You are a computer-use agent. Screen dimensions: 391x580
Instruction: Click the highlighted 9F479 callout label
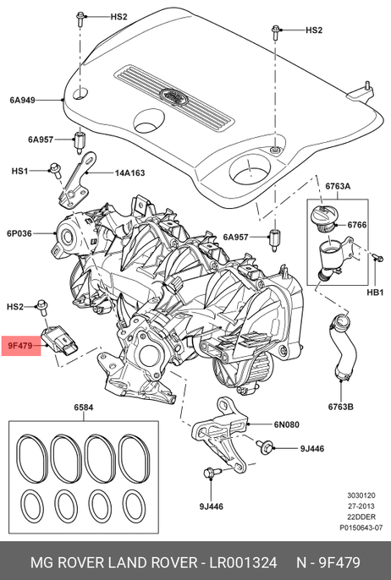pyautogui.click(x=21, y=346)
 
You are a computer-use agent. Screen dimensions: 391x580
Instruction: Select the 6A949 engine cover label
pyautogui.click(x=22, y=100)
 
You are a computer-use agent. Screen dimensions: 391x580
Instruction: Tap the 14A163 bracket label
pyautogui.click(x=129, y=172)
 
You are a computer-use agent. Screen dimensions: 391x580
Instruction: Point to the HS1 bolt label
pyautogui.click(x=19, y=171)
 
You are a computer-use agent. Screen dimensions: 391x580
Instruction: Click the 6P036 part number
pyautogui.click(x=19, y=233)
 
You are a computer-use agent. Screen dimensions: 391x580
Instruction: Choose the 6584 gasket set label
pyautogui.click(x=83, y=408)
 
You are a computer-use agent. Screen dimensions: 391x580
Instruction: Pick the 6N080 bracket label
pyautogui.click(x=287, y=424)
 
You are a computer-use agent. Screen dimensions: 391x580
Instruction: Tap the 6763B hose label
pyautogui.click(x=340, y=407)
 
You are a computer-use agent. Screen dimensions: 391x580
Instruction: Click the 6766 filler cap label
pyautogui.click(x=357, y=225)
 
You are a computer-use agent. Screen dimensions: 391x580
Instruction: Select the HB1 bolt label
pyautogui.click(x=375, y=293)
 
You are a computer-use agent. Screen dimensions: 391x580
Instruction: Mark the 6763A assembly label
pyautogui.click(x=338, y=186)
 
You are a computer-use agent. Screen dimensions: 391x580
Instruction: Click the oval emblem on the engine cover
pyautogui.click(x=174, y=96)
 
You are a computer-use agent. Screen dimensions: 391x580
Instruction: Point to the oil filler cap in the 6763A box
pyautogui.click(x=323, y=218)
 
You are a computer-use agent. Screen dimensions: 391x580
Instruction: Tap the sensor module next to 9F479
pyautogui.click(x=61, y=339)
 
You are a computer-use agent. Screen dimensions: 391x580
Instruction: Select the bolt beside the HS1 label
pyautogui.click(x=56, y=170)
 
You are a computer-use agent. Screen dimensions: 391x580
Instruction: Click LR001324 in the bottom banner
pyautogui.click(x=243, y=562)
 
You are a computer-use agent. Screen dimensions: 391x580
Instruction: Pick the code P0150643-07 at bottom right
pyautogui.click(x=361, y=528)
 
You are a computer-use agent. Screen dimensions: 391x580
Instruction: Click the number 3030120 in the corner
pyautogui.click(x=361, y=495)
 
